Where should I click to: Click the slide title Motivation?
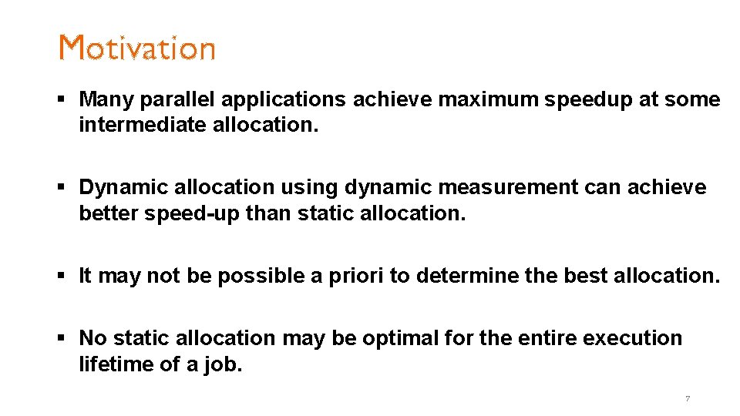point(137,48)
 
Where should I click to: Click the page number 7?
point(688,399)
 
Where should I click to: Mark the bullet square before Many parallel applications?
point(64,100)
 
